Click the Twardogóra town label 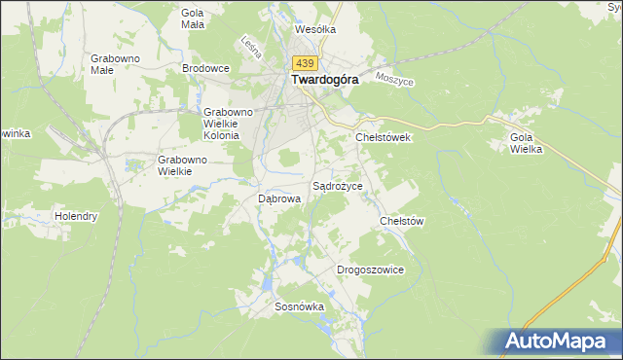[x=323, y=83]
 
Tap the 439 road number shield [x=303, y=63]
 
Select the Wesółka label [x=314, y=29]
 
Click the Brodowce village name [x=205, y=68]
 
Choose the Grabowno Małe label [x=115, y=64]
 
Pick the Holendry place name [x=76, y=216]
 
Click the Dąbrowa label [x=278, y=198]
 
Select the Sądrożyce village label [x=337, y=185]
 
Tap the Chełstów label [x=402, y=221]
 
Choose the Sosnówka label [x=299, y=306]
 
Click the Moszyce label [x=394, y=80]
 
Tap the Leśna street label [x=248, y=46]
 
